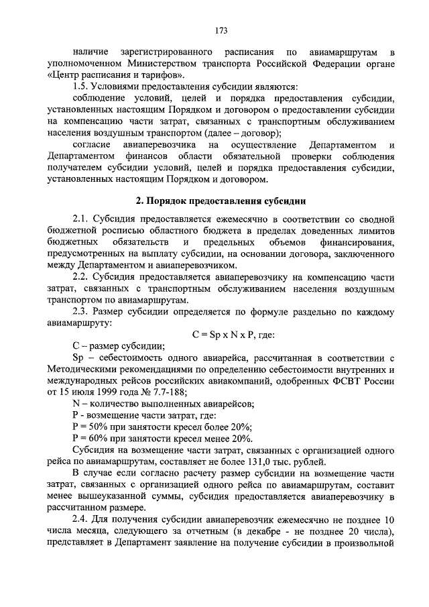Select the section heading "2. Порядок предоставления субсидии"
[221, 200]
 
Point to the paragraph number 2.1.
[82, 219]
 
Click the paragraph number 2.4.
[82, 520]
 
